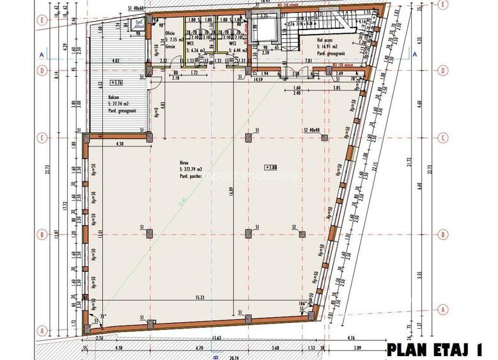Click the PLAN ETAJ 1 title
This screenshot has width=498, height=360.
click(434, 349)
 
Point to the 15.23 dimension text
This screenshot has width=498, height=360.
click(199, 297)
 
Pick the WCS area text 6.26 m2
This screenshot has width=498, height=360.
click(197, 47)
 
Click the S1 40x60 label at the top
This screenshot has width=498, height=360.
click(136, 8)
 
